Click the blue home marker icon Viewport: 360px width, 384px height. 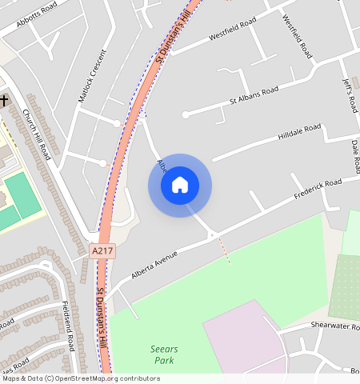180,185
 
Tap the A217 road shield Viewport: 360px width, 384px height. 103,251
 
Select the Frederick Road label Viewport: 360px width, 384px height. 318,190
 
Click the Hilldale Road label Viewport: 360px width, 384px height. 299,132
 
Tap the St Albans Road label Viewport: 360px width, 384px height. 254,96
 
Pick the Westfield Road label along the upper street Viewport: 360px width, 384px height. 232,27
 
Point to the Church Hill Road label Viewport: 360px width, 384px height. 37,134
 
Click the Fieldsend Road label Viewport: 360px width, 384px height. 69,326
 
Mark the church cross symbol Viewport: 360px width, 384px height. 5,100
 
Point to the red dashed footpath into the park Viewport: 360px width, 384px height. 225,250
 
